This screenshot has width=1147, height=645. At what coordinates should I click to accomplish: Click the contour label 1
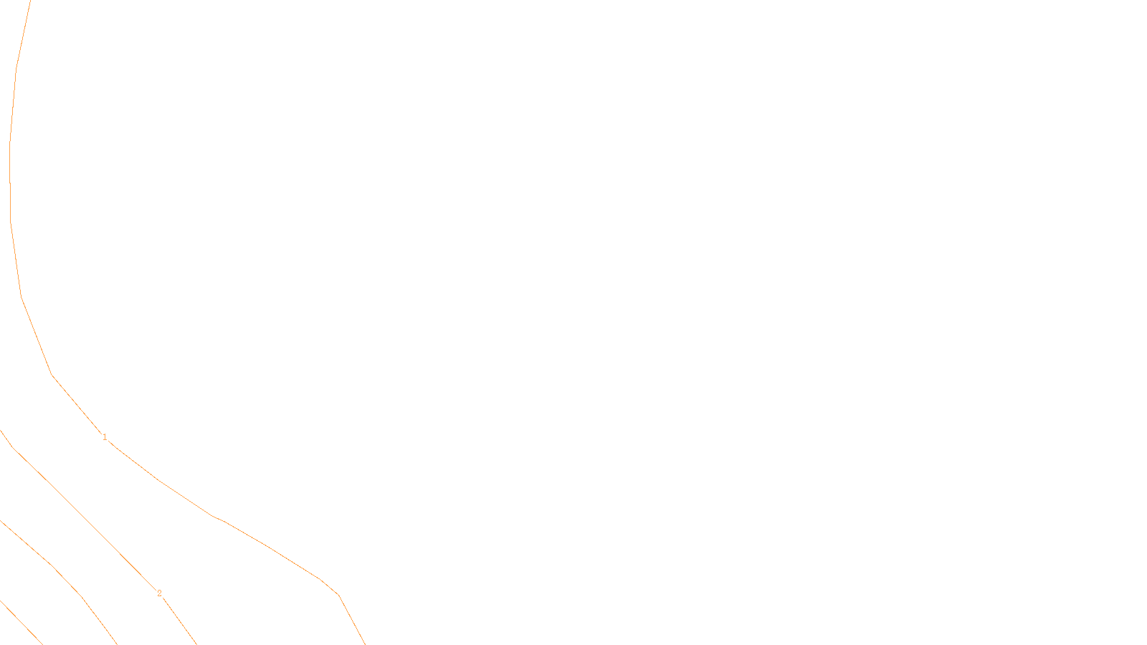[105, 437]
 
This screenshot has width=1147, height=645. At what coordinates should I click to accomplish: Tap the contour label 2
[159, 593]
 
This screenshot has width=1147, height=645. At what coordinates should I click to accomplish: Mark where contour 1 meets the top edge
[30, 1]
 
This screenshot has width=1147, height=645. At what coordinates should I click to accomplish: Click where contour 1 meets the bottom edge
[365, 644]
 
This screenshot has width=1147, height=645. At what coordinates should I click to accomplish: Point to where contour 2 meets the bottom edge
[196, 644]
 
